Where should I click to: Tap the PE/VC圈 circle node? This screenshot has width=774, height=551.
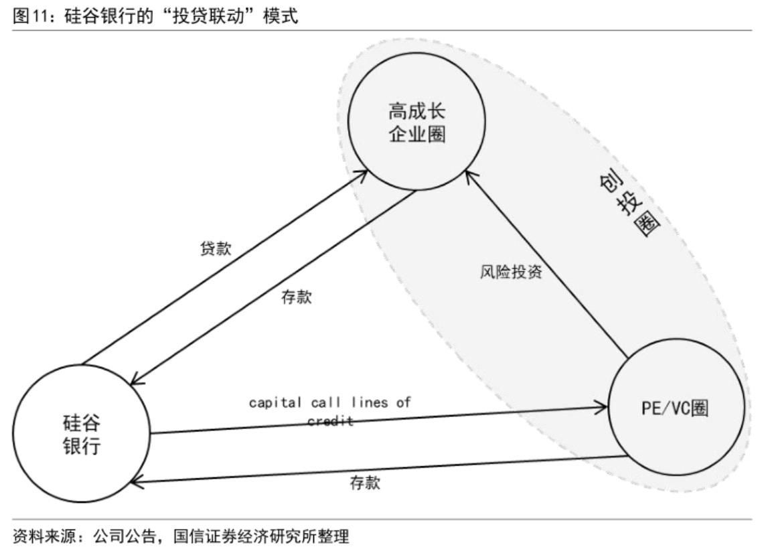[x=675, y=408]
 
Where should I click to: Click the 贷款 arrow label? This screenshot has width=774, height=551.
[x=216, y=248]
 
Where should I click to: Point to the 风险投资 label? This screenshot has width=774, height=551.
[x=512, y=272]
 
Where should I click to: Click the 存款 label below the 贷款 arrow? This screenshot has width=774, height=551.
[x=296, y=297]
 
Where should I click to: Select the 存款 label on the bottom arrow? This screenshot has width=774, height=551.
[x=365, y=483]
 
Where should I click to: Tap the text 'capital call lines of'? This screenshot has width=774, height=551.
[x=330, y=403]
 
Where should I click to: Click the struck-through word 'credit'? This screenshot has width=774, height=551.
[x=330, y=421]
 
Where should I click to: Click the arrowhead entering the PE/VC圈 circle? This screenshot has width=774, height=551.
[x=602, y=406]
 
